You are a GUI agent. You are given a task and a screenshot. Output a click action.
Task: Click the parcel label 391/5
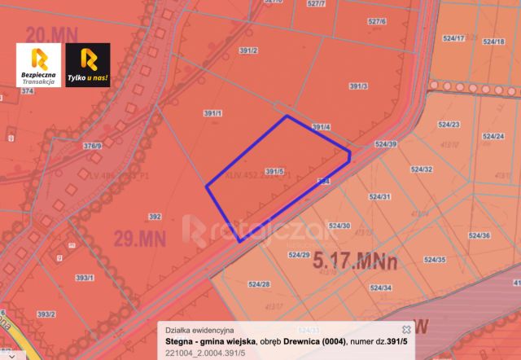click(274, 171)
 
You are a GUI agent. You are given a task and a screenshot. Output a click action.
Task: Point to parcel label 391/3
click(358, 86)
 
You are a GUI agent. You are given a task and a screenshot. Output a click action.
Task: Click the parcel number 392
click(155, 217)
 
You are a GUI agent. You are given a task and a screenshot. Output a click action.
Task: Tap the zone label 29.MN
click(133, 239)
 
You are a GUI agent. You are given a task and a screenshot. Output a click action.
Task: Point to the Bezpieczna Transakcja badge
click(38, 64)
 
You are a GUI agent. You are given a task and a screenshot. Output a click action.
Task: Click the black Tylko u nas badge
click(87, 64)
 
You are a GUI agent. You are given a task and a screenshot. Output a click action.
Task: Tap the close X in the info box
click(406, 328)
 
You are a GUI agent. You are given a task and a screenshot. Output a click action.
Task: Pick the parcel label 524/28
click(260, 284)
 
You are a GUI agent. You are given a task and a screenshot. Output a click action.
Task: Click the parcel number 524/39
click(386, 143)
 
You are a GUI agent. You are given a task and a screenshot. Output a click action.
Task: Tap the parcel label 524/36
click(480, 235)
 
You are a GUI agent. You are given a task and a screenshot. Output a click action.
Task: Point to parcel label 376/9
click(93, 146)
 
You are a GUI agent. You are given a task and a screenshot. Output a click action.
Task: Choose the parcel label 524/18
click(493, 41)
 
